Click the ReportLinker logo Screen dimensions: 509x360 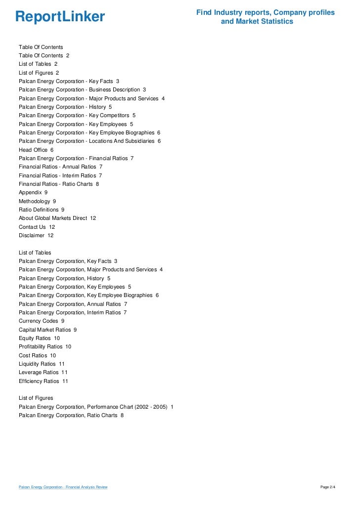(x=60, y=17)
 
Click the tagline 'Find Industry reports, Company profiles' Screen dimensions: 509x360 (x=266, y=12)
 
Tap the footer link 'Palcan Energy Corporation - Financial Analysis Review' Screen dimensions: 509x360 (x=63, y=487)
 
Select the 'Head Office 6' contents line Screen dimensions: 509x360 (x=36, y=150)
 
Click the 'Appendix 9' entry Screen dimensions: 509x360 (x=33, y=192)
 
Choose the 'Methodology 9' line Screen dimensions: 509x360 (x=37, y=201)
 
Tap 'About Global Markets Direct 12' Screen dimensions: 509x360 (x=57, y=218)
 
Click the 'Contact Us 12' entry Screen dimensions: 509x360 (x=37, y=227)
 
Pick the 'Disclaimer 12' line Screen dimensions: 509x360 (x=36, y=235)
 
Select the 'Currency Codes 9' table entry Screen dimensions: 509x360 (x=42, y=321)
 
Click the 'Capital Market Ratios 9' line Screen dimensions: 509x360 (x=47, y=330)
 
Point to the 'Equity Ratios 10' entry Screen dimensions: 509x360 (x=39, y=338)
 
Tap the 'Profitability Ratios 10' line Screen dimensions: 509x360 (x=45, y=346)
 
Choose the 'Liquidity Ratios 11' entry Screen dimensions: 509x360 (x=42, y=364)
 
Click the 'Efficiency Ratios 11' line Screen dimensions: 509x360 (x=44, y=381)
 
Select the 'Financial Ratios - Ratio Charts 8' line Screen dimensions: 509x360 (x=59, y=184)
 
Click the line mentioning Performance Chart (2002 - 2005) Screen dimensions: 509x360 (x=96, y=407)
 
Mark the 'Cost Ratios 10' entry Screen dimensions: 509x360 (x=37, y=355)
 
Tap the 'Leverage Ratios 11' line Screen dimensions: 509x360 (x=43, y=372)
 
